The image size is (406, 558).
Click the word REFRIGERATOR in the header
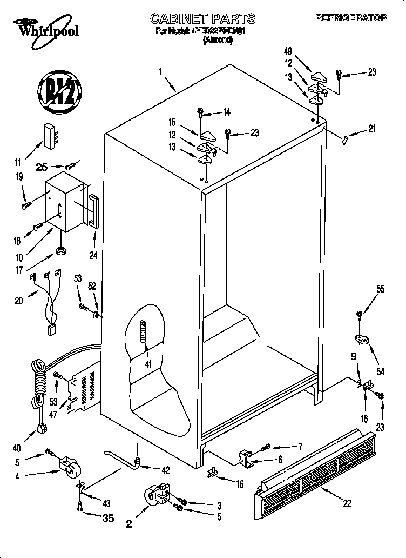click(351, 18)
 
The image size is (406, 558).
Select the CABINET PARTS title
click(202, 19)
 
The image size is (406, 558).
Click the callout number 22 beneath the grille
click(347, 503)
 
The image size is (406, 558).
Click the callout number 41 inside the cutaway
click(147, 364)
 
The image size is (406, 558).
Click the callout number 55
click(381, 289)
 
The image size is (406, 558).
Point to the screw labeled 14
click(200, 112)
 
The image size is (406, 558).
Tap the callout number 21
click(371, 129)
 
